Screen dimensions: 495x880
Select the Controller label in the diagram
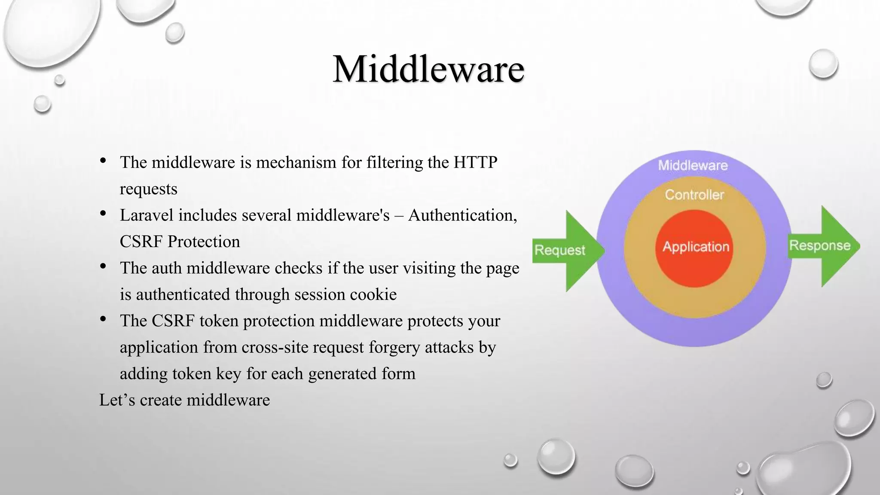[694, 195]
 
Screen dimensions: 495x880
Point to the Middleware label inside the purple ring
[693, 165]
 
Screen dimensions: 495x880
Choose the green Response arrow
[823, 246]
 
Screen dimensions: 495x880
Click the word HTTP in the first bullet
[476, 162]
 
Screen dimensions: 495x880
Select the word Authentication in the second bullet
[462, 215]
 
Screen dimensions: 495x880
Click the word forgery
[394, 347]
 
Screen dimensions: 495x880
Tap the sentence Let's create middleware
[184, 400]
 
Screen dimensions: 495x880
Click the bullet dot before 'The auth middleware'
[103, 267]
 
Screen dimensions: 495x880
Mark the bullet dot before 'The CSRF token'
[103, 319]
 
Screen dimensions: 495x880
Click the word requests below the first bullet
[148, 189]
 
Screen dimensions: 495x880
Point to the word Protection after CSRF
[204, 241]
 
